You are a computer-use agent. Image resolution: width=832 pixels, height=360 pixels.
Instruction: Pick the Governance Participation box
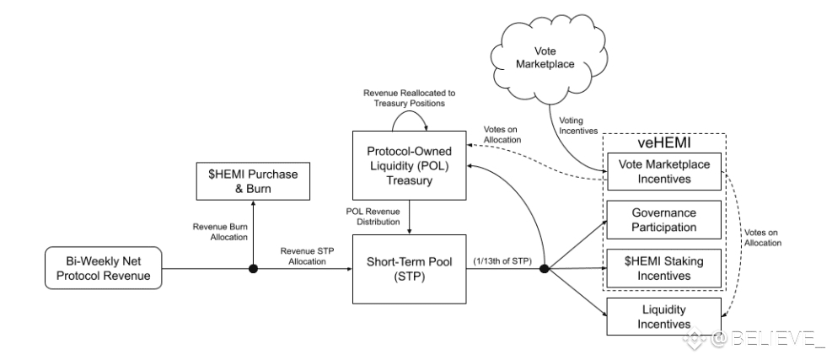665,219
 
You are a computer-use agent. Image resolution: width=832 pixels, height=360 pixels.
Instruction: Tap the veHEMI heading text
665,144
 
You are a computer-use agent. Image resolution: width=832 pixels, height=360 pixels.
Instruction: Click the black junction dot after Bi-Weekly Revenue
252,270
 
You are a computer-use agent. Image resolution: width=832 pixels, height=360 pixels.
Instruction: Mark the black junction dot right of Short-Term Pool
544,270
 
